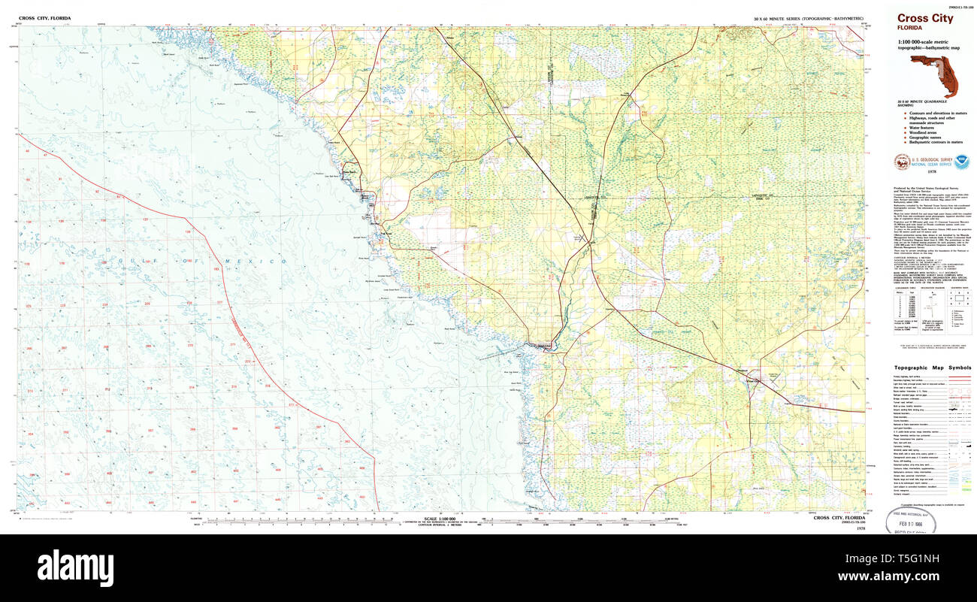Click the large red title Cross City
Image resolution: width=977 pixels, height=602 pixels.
pyautogui.click(x=924, y=18)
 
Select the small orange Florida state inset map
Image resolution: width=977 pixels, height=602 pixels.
pyautogui.click(x=936, y=75)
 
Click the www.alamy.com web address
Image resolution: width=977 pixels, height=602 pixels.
pyautogui.click(x=911, y=576)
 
